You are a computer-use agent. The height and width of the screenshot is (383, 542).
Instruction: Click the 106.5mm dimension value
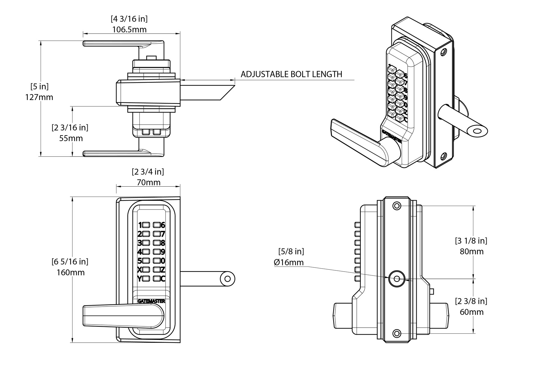point(129,30)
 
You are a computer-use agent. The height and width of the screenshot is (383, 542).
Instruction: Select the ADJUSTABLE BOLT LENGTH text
point(291,74)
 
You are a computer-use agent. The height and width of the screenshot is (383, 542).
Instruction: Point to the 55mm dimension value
point(71,138)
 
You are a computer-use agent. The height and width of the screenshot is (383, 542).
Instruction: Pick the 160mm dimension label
point(70,272)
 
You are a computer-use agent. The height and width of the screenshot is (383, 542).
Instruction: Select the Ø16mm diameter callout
point(289,262)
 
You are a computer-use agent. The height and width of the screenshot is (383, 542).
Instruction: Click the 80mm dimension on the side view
point(471,251)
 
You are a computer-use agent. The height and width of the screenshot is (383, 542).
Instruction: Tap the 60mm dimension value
point(471,312)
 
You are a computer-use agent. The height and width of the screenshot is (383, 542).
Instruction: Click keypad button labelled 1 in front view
point(146,225)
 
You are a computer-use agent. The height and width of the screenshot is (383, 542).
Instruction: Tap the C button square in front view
point(157,279)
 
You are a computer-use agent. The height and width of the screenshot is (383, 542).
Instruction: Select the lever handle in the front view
point(120,316)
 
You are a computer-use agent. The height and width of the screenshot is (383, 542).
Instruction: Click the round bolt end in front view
point(227,279)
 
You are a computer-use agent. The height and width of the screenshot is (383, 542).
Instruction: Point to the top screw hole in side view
point(397,206)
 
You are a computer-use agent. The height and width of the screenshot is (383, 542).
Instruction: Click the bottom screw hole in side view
point(397,333)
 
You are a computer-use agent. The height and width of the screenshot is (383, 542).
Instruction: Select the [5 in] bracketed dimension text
point(39,86)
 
